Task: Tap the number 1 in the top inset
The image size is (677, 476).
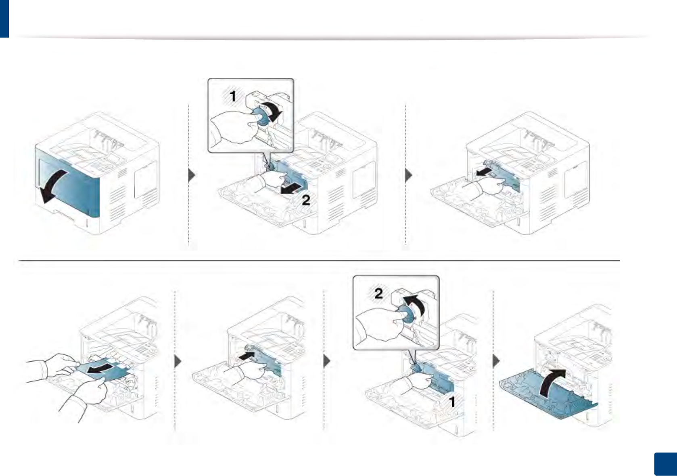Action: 232,97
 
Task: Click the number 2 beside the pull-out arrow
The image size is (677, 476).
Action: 306,200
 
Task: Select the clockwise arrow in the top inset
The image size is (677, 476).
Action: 273,111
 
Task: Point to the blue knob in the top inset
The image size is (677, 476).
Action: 261,117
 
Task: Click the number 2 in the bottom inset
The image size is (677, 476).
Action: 378,293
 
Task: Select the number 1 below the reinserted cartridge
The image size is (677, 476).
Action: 452,402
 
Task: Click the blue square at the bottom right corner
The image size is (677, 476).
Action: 665,464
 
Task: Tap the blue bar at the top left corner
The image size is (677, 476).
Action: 4,18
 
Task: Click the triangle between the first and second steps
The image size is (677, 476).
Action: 192,175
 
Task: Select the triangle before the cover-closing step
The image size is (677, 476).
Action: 496,361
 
